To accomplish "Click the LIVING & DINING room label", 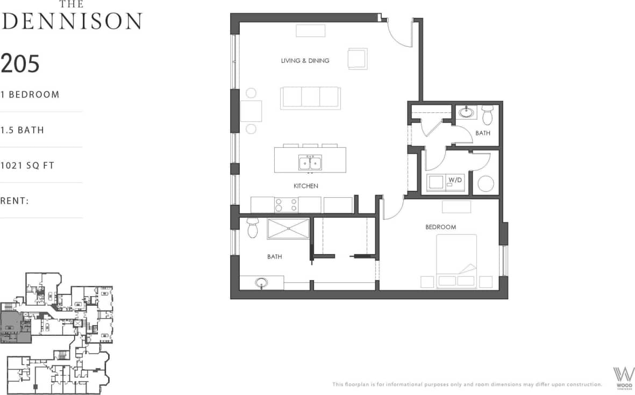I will tap(305, 61).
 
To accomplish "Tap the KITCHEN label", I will tap(305, 186).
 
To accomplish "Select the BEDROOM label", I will tap(440, 227).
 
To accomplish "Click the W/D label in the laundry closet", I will tap(455, 180).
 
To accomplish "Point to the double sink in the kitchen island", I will tap(310, 162).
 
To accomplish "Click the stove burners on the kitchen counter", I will tap(286, 205).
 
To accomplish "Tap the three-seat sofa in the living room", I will tap(310, 98).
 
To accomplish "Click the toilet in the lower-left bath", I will tap(252, 227).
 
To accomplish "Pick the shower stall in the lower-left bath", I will tap(288, 228).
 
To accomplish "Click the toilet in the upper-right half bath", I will tap(487, 114).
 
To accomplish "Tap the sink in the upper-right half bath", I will tap(466, 113).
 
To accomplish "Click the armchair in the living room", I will tap(358, 59).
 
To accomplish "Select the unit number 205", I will tap(20, 63).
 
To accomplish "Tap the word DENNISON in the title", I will tap(71, 20).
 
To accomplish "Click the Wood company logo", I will tap(623, 376).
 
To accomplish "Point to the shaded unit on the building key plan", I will tap(15, 327).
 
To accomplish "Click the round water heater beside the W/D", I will tap(486, 184).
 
